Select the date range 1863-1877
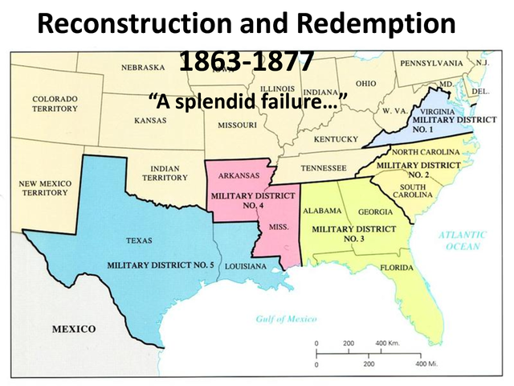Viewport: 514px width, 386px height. tap(246, 62)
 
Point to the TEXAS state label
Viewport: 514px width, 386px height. tap(140, 240)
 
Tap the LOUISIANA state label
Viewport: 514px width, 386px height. tap(247, 265)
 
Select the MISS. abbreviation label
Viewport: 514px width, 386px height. tap(279, 227)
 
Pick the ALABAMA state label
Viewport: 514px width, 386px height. tap(322, 211)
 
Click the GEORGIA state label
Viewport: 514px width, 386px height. tap(375, 212)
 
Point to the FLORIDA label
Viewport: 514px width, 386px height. tap(397, 267)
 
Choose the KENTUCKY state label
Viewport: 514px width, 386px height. tap(336, 139)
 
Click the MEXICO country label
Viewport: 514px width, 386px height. tap(74, 329)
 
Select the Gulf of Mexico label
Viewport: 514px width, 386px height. tap(287, 319)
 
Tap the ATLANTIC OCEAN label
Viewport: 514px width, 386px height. tap(463, 240)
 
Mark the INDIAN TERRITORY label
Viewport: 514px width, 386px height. tap(164, 173)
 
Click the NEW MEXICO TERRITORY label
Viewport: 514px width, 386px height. tap(45, 188)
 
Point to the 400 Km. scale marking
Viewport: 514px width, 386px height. tap(390, 343)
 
